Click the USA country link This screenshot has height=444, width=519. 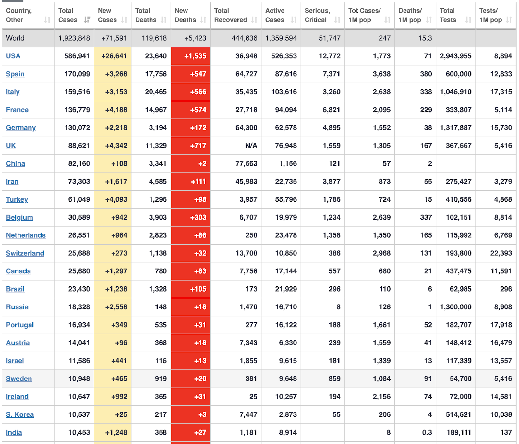[x=13, y=56]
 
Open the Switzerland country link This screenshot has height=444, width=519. [x=25, y=253]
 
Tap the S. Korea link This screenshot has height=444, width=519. [x=20, y=414]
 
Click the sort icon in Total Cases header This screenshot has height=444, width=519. [x=87, y=20]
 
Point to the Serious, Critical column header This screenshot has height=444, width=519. [x=318, y=15]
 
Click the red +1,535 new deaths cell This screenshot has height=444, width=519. [x=195, y=56]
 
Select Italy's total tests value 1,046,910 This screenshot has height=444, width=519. [x=455, y=92]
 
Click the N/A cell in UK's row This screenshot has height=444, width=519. [x=251, y=146]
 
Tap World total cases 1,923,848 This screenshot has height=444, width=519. [x=74, y=38]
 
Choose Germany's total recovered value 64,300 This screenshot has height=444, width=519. [x=246, y=128]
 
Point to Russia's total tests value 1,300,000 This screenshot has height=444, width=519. [x=455, y=307]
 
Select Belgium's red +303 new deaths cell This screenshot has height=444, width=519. [x=198, y=217]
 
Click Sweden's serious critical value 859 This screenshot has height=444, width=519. [x=334, y=378]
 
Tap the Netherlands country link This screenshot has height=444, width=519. [x=26, y=235]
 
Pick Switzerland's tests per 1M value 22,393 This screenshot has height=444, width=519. [x=501, y=253]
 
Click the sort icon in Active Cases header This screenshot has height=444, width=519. [x=294, y=20]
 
